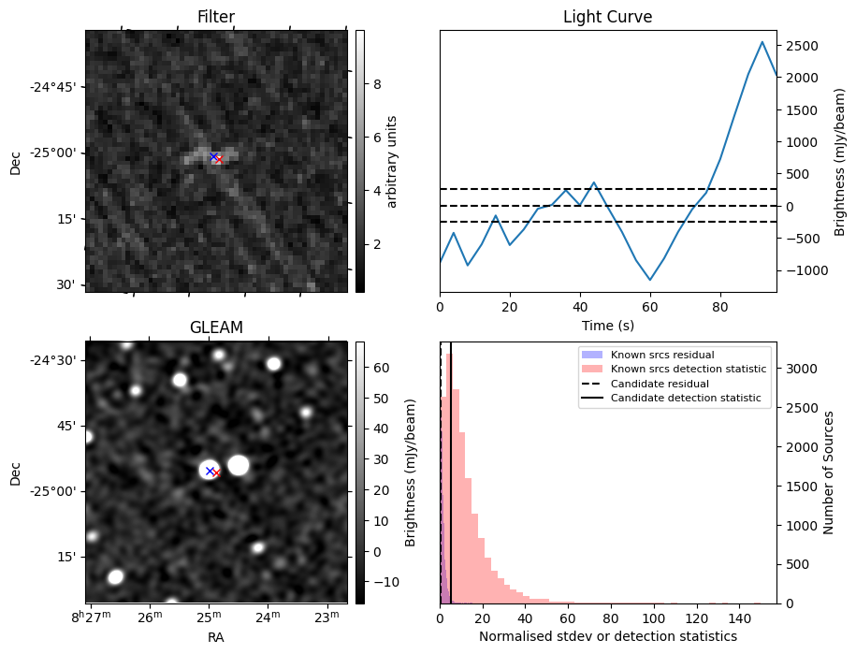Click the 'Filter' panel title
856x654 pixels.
(216, 17)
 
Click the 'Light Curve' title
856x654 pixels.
(607, 17)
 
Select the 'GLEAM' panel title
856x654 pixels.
(216, 327)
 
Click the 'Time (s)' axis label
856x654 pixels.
(607, 327)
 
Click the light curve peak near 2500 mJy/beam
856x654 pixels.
(762, 42)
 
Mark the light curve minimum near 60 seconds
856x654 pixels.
(650, 280)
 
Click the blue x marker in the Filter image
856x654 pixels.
(213, 156)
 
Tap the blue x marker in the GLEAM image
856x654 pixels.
(210, 471)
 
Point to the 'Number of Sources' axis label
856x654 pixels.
(828, 472)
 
